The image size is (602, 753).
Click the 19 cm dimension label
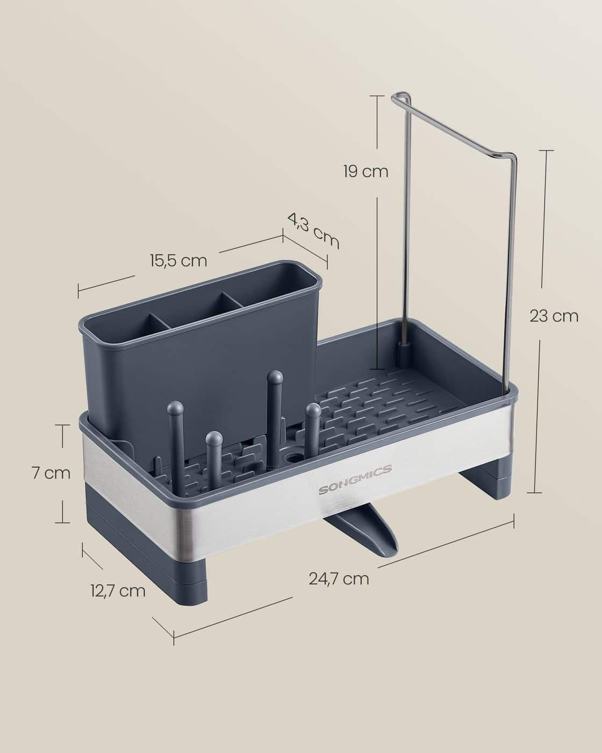click(x=365, y=172)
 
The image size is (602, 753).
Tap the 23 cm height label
click(x=554, y=316)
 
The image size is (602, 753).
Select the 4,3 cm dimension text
click(x=314, y=231)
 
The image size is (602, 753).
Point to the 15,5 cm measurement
click(x=179, y=261)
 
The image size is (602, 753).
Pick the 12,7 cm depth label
click(x=118, y=591)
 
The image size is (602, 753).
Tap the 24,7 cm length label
click(x=339, y=579)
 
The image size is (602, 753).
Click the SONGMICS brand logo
click(x=355, y=478)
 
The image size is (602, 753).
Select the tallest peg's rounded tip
click(x=275, y=378)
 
